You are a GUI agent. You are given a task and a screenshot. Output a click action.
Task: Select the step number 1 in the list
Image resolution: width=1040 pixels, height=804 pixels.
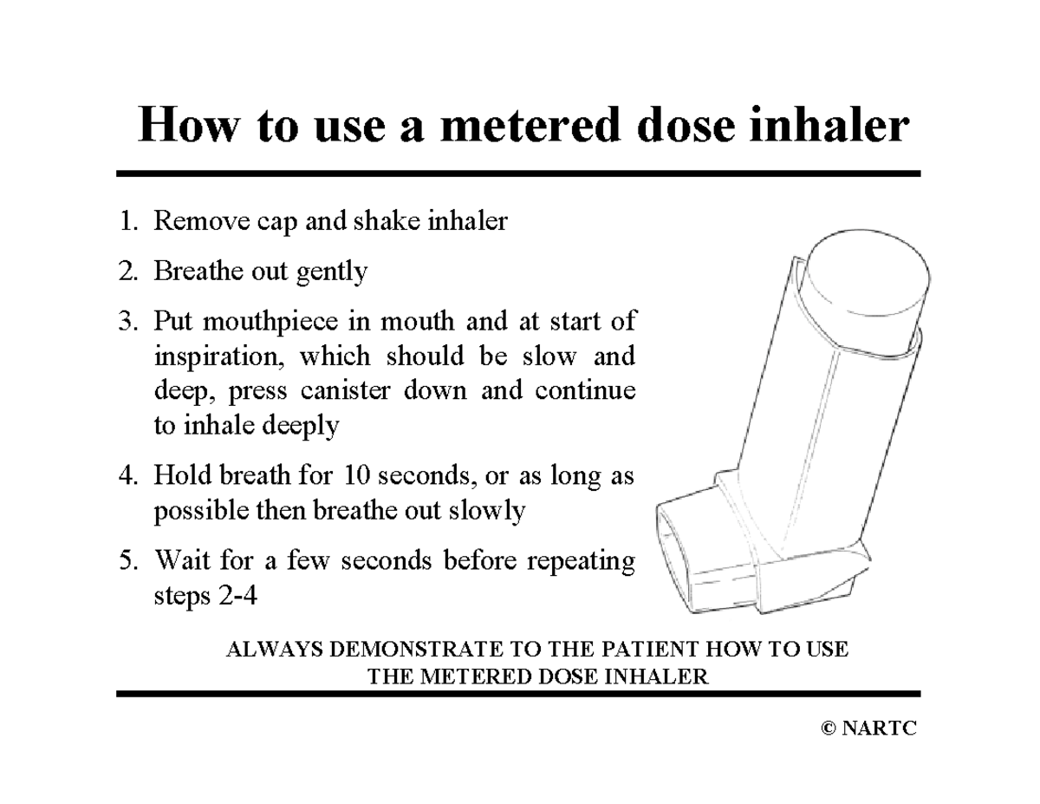[127, 222]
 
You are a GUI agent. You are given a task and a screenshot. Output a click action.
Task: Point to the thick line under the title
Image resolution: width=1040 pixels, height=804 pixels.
[518, 173]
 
